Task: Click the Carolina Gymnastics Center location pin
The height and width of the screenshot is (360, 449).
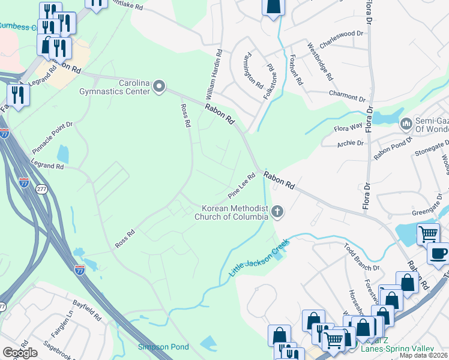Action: click(x=159, y=87)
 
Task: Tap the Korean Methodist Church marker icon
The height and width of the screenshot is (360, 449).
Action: click(x=277, y=211)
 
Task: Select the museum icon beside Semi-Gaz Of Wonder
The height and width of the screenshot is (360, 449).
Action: click(x=406, y=124)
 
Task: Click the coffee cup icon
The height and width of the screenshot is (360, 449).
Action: click(x=438, y=253)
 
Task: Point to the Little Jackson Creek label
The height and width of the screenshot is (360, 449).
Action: click(x=260, y=259)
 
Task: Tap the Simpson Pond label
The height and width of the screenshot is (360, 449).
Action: click(x=163, y=347)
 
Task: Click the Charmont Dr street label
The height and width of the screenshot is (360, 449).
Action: click(x=347, y=95)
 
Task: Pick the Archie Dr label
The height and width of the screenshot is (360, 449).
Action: click(x=351, y=143)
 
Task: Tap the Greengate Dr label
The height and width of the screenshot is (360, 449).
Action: click(x=430, y=212)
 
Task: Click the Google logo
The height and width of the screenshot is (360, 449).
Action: click(x=20, y=352)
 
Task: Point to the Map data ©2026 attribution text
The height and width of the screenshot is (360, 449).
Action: click(x=423, y=355)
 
